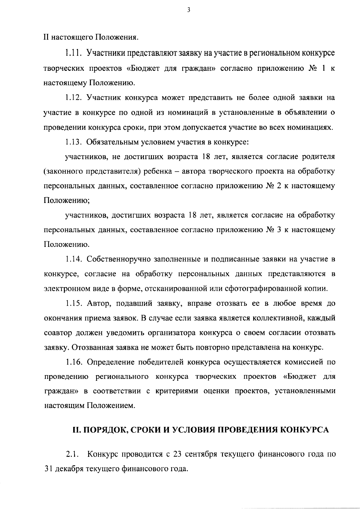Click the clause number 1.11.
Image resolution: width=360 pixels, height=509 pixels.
pyautogui.click(x=73, y=53)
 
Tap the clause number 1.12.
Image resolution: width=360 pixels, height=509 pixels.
pyautogui.click(x=73, y=98)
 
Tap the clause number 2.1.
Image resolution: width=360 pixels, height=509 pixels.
pyautogui.click(x=72, y=454)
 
